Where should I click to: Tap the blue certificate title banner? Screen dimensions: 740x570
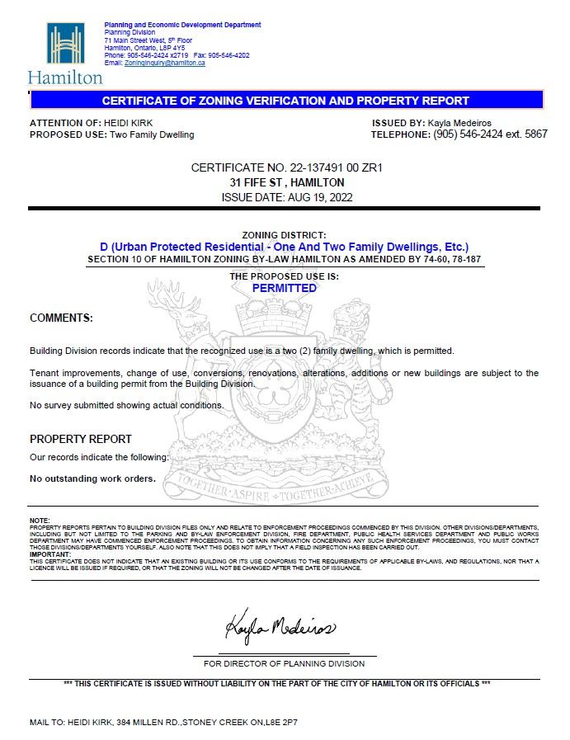tap(285, 101)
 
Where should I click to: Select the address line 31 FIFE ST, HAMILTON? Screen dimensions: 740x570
tap(286, 182)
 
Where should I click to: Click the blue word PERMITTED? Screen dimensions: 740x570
tap(285, 288)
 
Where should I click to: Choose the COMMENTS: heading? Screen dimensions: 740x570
tap(61, 318)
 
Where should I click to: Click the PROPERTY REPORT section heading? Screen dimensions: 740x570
tap(81, 439)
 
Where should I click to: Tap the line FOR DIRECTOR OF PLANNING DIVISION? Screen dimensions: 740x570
tap(285, 663)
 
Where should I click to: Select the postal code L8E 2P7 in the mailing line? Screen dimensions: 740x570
tap(281, 722)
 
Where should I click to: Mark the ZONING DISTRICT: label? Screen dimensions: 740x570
tap(285, 236)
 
